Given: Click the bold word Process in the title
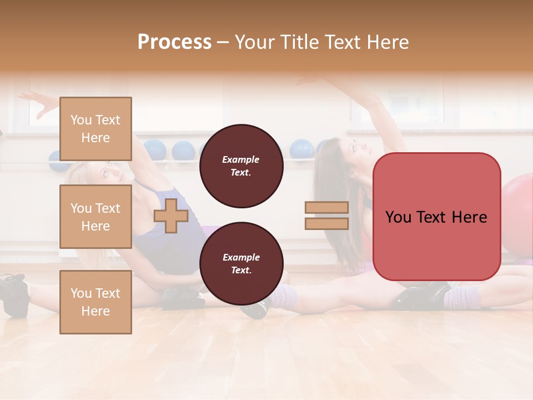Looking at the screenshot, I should tap(174, 42).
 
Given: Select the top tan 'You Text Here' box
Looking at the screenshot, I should tap(95, 129).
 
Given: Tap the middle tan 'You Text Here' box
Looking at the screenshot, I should tap(95, 217).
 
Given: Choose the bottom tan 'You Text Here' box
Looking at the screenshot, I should tap(95, 302).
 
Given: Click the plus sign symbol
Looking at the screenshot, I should tap(171, 216).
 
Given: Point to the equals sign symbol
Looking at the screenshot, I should tap(326, 216).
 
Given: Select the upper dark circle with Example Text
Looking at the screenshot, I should tap(241, 166).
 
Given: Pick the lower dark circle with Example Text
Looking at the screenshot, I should tap(241, 263).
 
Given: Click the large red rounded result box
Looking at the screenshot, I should tap(436, 217).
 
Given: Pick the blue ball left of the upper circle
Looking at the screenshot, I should tap(183, 151).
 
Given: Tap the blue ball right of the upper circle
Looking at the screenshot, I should tap(301, 149).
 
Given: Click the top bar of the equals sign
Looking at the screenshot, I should tap(326, 208).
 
